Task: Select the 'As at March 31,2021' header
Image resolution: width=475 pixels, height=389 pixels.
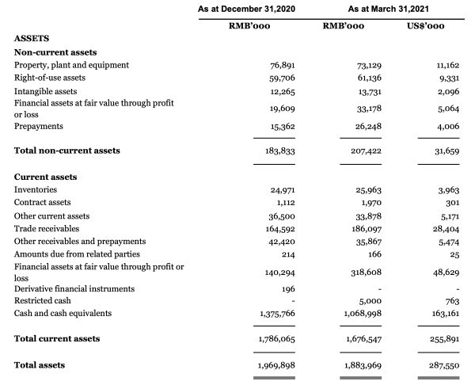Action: click(x=382, y=8)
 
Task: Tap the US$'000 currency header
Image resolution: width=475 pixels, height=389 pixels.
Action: click(x=424, y=27)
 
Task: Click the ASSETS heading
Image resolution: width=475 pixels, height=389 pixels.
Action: click(x=32, y=38)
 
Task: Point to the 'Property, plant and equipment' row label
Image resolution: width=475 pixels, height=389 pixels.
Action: click(x=71, y=65)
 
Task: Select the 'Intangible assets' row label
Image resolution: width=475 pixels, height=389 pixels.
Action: click(x=45, y=91)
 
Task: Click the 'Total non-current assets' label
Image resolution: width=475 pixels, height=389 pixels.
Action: click(x=67, y=151)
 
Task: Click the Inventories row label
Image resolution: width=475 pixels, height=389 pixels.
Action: click(x=36, y=190)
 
